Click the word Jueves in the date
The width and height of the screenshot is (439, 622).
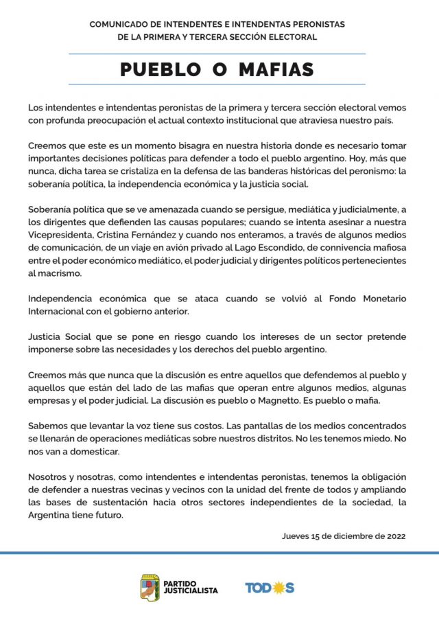click(296, 536)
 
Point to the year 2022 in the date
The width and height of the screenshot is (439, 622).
click(395, 536)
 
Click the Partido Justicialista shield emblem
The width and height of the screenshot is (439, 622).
click(150, 588)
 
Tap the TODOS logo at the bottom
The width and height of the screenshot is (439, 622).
click(270, 588)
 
